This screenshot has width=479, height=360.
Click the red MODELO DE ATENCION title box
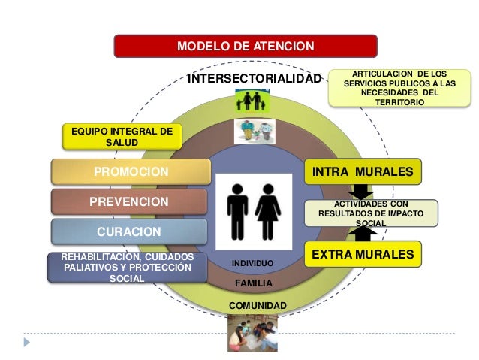pos(245,47)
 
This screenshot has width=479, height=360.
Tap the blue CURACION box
pos(128,231)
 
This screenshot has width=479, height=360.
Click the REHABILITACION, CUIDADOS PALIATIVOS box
pos(126,268)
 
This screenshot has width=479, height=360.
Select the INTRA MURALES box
pos(362,172)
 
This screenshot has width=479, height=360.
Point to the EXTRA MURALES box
pos(362,255)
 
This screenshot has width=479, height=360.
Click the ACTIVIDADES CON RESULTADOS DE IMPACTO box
pos(370,213)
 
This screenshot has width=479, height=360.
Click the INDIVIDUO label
pos(252,263)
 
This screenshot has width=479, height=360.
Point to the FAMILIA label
pos(253,283)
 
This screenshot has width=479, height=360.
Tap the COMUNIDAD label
pos(253,305)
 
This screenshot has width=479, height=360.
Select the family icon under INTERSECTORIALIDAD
pos(252,99)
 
